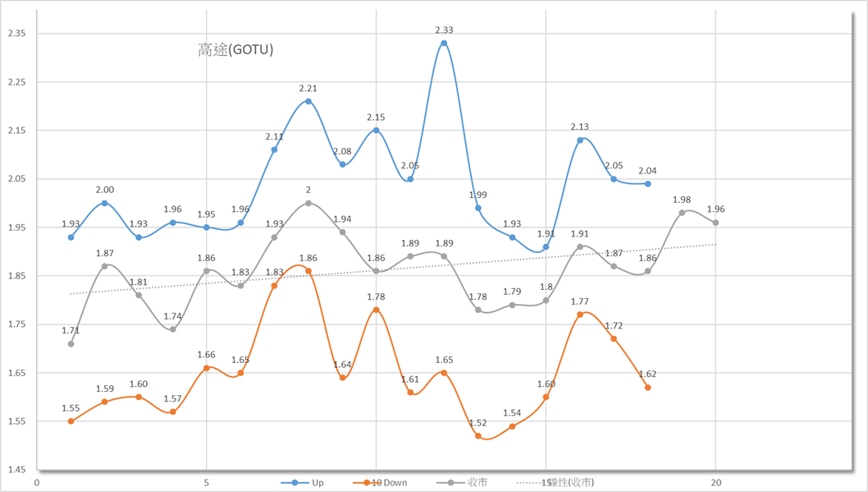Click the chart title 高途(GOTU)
(x=235, y=50)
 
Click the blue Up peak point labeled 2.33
(x=444, y=43)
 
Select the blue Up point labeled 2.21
(x=308, y=101)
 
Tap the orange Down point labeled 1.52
(x=478, y=435)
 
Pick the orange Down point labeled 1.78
(x=377, y=310)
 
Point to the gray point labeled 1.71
(x=71, y=343)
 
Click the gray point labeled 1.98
(x=682, y=212)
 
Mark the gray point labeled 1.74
(x=173, y=329)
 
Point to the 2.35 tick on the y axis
(x=17, y=34)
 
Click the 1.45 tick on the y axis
(x=17, y=470)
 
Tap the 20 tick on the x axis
(x=715, y=482)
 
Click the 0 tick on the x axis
(x=37, y=482)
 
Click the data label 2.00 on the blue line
(x=105, y=189)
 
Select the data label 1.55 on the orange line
(x=71, y=407)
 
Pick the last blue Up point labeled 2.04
(x=648, y=183)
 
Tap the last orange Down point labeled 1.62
(x=648, y=388)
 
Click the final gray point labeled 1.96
(x=715, y=223)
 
